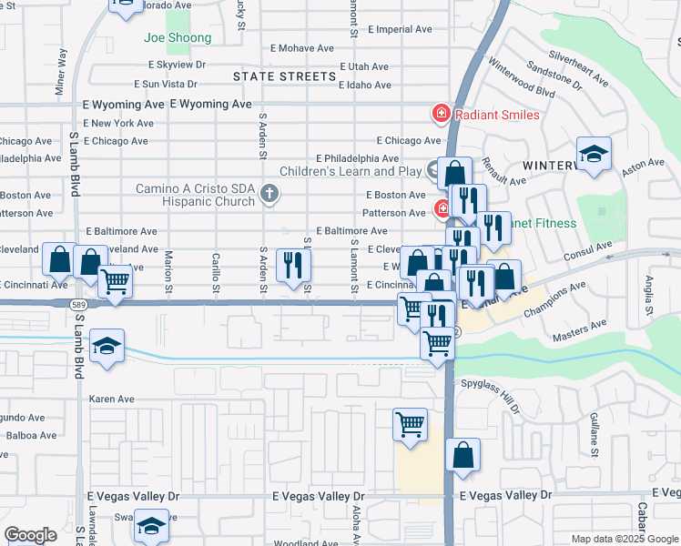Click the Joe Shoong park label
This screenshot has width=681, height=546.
(x=178, y=38)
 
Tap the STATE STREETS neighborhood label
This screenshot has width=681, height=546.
(x=284, y=76)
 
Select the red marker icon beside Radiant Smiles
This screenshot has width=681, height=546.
(x=441, y=114)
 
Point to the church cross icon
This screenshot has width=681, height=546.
(x=269, y=193)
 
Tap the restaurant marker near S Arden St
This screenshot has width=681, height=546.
(x=293, y=266)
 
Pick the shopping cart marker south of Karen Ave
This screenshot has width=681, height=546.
(x=410, y=424)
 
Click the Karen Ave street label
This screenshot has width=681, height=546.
(x=111, y=399)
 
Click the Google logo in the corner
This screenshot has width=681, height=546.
(x=30, y=535)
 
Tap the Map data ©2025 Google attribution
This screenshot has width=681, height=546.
(x=624, y=539)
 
